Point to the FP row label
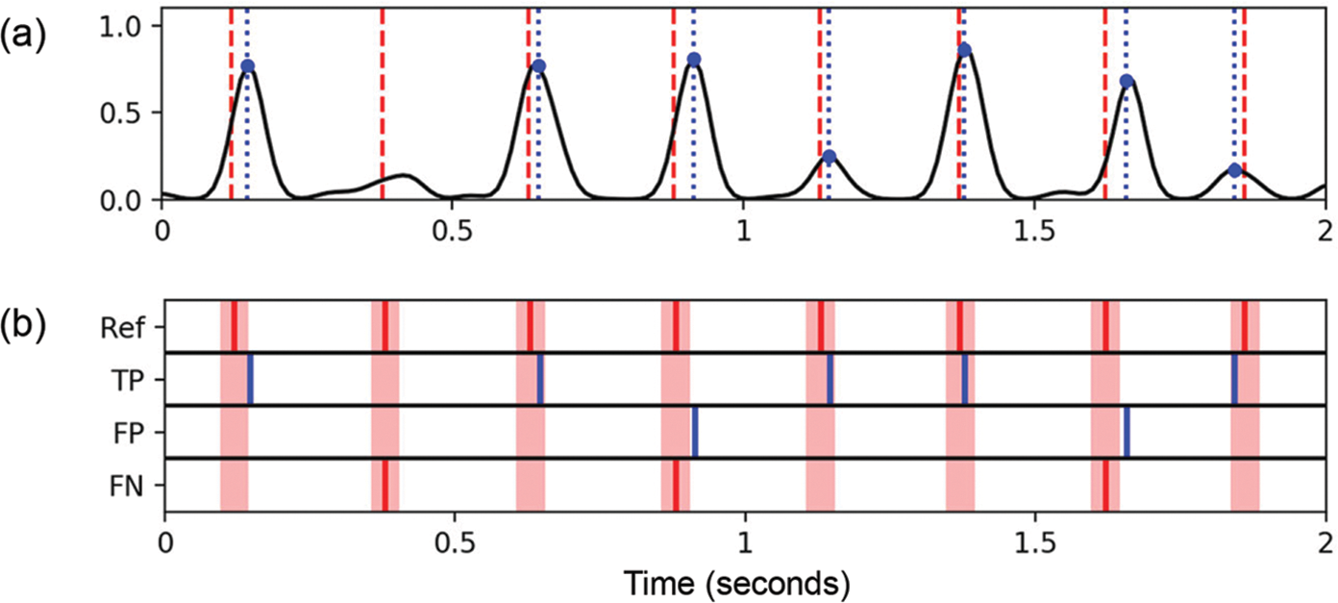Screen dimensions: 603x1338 click(x=127, y=435)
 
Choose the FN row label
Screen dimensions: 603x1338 click(x=126, y=487)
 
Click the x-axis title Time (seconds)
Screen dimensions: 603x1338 click(x=735, y=582)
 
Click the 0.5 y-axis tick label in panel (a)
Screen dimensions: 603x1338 click(x=125, y=113)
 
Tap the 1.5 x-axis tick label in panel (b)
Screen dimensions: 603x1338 click(x=1034, y=538)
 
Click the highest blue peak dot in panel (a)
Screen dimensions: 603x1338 click(x=965, y=50)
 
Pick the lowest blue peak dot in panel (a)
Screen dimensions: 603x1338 click(x=1235, y=170)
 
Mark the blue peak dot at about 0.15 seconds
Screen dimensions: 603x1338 click(x=248, y=66)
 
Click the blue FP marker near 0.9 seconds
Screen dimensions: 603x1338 click(x=694, y=432)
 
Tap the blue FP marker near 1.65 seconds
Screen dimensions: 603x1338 click(x=1127, y=432)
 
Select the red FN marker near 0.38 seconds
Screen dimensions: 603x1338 click(x=384, y=486)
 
